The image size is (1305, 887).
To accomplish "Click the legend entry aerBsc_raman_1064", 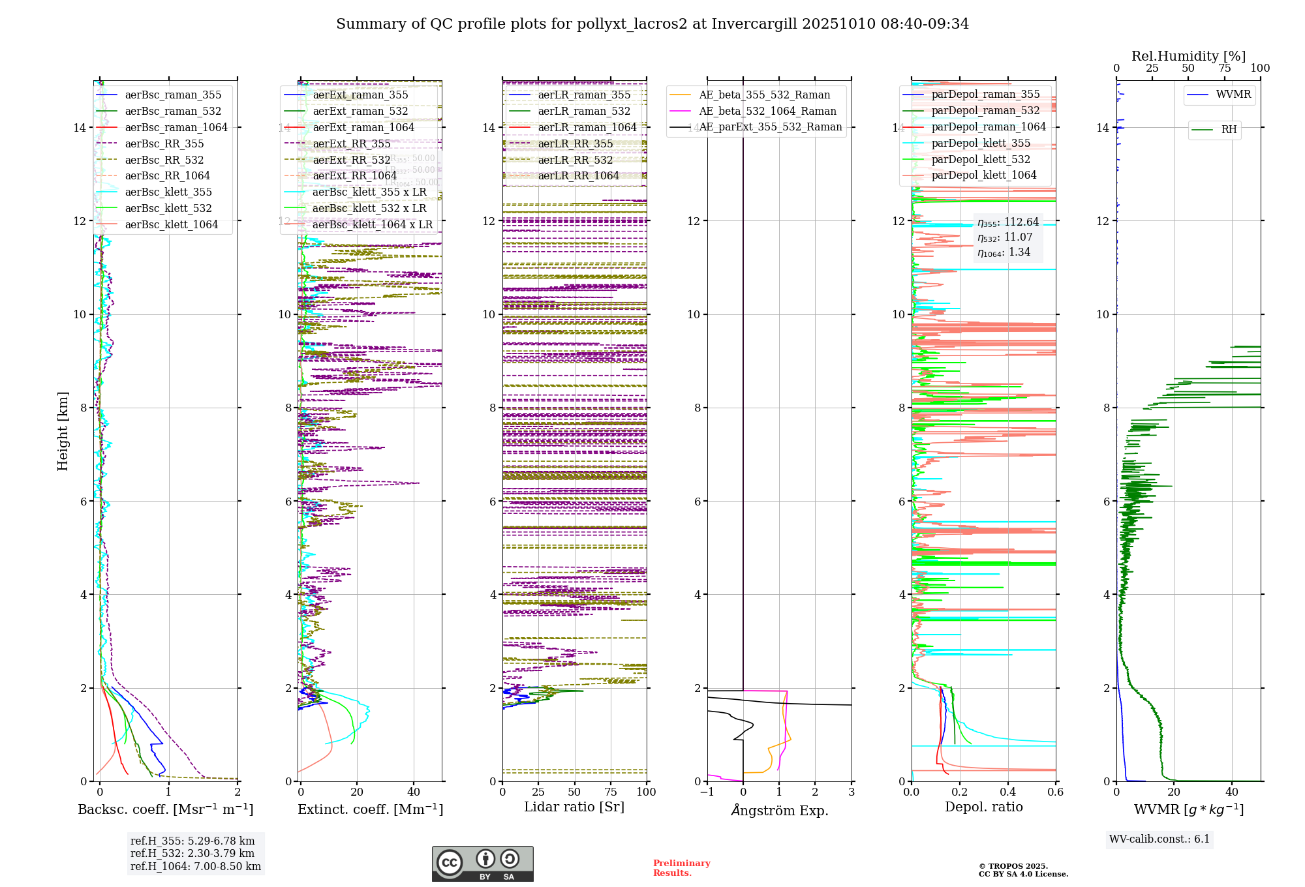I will coord(176,128).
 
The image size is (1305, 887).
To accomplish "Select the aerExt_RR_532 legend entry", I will coord(351,160).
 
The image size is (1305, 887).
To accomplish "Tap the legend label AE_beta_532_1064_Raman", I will coord(767,112).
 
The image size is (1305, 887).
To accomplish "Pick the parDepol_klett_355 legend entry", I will coord(981,143).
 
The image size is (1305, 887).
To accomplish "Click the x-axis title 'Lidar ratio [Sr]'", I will coord(574,807).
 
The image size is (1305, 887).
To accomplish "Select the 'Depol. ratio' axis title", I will coord(983,807).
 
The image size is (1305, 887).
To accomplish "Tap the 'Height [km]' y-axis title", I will coord(63,431).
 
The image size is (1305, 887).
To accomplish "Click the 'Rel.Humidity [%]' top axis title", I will coord(1188,56).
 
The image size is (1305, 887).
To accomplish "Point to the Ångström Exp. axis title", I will coord(779,811).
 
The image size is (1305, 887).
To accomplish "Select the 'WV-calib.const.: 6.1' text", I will coord(1159,839).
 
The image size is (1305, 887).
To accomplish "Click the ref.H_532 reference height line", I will coord(192,854).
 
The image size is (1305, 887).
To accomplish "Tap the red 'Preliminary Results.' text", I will coord(681,868).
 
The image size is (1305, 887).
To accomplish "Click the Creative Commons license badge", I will coord(482,864).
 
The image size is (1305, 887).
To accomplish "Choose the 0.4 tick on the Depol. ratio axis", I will coord(1007,792).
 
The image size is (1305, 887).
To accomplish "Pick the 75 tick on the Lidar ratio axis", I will coord(611,792).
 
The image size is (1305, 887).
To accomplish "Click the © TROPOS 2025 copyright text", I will coord(1013,866).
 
